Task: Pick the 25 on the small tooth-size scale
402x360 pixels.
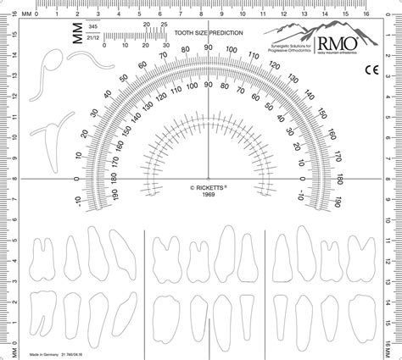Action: (150, 25)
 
